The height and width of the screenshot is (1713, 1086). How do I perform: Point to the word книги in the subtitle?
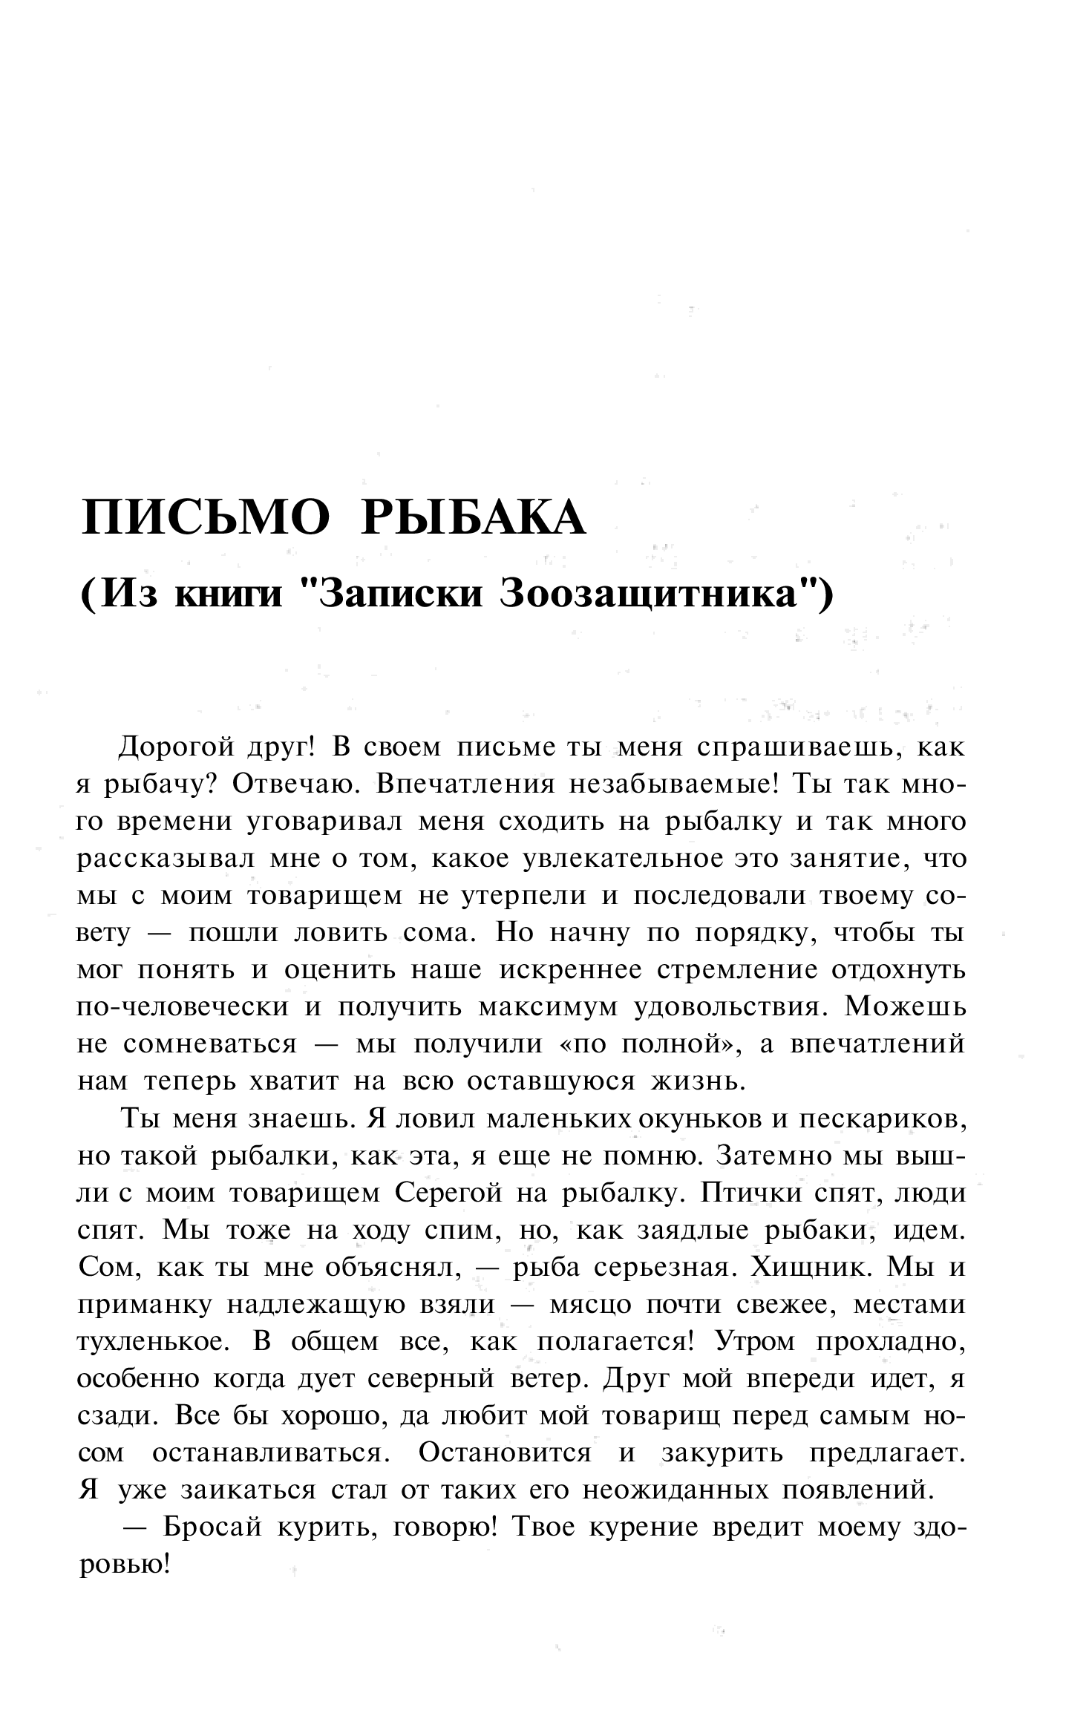pos(228,595)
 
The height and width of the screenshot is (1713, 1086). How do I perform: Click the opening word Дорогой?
pos(175,747)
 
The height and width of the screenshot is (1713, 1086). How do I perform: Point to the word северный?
pos(431,1378)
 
